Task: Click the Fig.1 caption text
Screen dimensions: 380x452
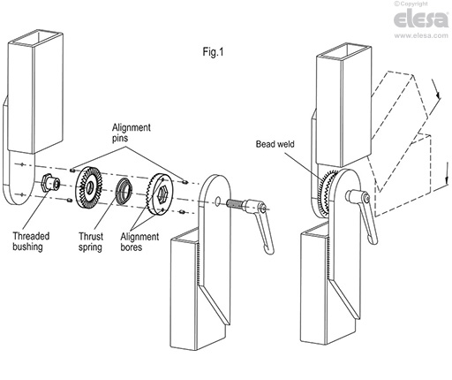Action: click(x=214, y=51)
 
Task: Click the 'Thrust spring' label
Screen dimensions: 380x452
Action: click(x=96, y=241)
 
